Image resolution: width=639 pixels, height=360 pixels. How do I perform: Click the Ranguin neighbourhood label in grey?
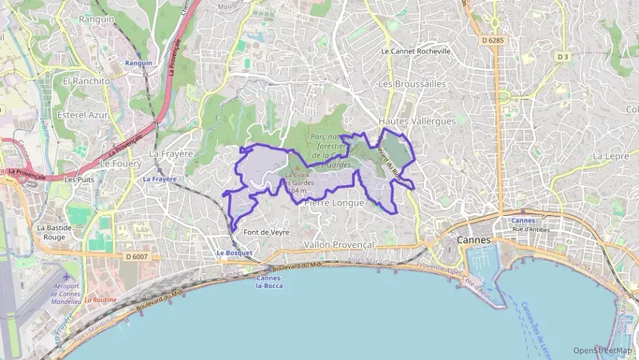coord(96,20)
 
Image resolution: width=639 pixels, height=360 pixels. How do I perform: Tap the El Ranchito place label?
coord(86,81)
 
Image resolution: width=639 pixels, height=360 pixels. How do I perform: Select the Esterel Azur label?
coord(83,115)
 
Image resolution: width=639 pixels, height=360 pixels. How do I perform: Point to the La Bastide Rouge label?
coord(51,232)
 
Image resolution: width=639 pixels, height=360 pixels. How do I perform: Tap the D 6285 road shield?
coord(492,40)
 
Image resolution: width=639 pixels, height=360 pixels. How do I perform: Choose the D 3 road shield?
coord(563,56)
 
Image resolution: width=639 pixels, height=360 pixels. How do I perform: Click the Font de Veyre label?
coord(266,232)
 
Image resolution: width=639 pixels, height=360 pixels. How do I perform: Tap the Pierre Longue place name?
coord(334,203)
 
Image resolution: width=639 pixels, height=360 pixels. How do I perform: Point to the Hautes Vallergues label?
coord(416,121)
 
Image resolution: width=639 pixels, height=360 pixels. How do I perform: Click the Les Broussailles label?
coord(412,83)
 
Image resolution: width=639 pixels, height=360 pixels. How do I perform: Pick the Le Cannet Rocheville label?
coord(416,51)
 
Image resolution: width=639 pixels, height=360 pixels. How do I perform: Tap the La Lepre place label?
coord(610,156)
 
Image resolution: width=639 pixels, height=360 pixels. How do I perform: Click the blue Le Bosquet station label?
coord(234,253)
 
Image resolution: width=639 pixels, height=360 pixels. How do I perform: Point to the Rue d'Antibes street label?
coord(530,230)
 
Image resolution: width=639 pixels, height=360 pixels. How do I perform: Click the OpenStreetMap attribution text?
coord(603,350)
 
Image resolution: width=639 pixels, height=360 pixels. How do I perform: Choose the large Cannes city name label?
coord(474,240)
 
